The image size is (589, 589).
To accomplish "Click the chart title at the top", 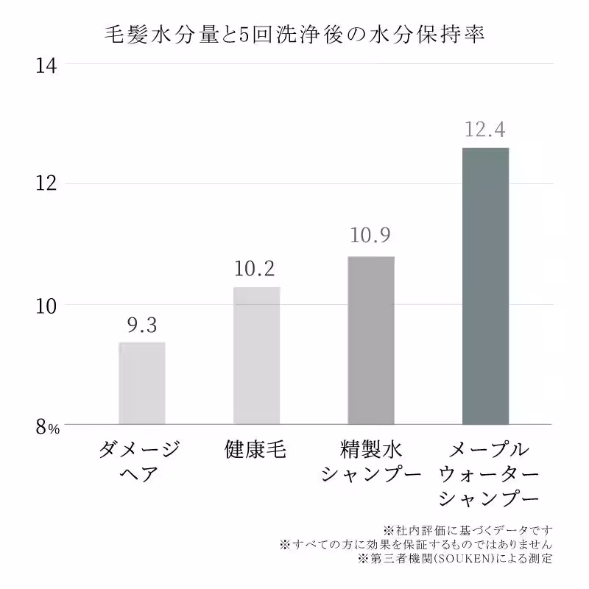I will click(294, 35).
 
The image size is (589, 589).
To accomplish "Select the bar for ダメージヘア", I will click(142, 383).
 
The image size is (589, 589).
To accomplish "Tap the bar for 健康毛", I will click(256, 356).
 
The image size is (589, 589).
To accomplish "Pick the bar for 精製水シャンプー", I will click(371, 340).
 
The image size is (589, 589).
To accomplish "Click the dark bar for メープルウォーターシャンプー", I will click(485, 286).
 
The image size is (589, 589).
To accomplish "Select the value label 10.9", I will click(370, 237).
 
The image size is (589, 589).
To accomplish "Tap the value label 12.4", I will click(484, 130).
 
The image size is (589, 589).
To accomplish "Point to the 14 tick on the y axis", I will click(46, 65).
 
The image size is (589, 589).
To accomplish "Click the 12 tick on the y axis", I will click(46, 184).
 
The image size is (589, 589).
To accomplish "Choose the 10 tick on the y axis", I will click(46, 305).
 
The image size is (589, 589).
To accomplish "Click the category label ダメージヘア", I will click(139, 461).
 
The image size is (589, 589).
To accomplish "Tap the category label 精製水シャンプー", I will click(371, 461).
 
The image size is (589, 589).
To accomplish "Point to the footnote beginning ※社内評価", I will click(468, 529).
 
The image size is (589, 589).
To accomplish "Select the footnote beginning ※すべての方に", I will click(416, 544).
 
